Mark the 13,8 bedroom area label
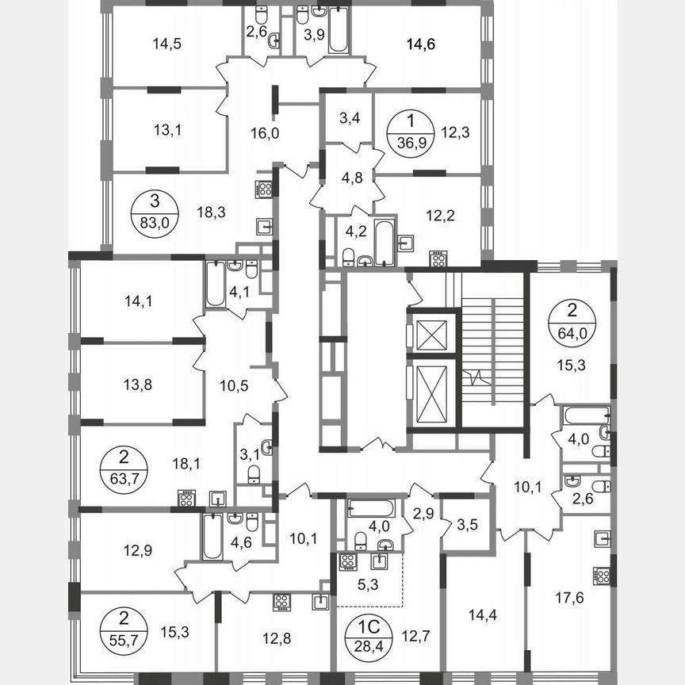coord(138,385)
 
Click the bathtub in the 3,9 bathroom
coord(339,31)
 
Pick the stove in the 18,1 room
coord(186,499)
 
